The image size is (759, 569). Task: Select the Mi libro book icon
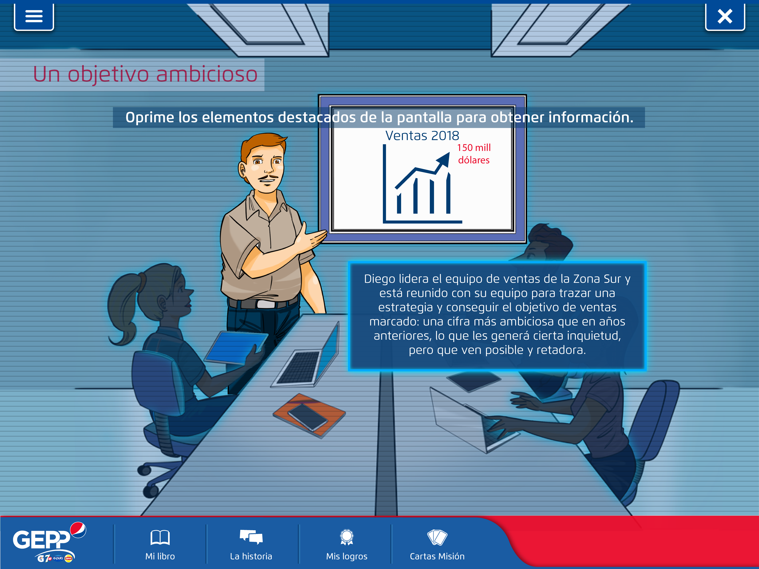[160, 537]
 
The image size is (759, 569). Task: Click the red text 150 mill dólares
[474, 154]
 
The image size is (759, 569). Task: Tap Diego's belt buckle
[266, 304]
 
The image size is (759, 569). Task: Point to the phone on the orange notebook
[307, 417]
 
